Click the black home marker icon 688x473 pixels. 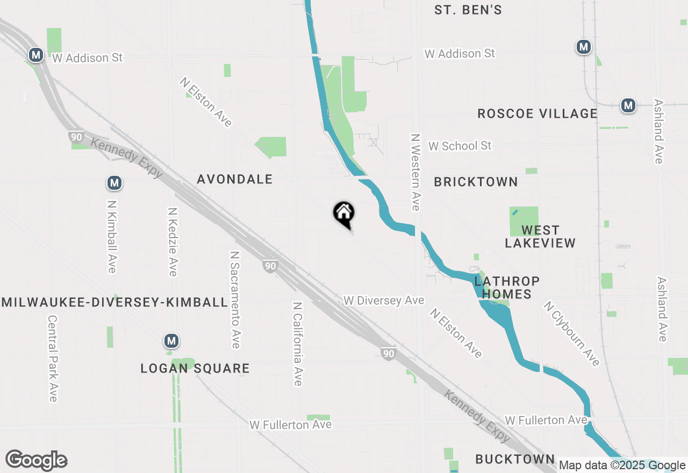(x=343, y=214)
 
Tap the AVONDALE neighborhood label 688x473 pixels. (x=235, y=180)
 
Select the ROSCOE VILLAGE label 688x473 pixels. (x=537, y=114)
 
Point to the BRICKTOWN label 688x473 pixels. (x=476, y=182)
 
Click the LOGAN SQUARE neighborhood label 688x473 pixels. (x=195, y=369)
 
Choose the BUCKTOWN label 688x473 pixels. (x=515, y=459)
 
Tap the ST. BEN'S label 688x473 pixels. (x=468, y=10)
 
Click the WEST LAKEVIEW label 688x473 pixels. (x=540, y=236)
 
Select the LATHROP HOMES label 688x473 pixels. (x=506, y=288)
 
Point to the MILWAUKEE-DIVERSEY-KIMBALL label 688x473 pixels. (x=114, y=302)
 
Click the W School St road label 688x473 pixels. (x=460, y=146)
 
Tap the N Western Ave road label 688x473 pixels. (x=415, y=172)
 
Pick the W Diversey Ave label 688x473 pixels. (x=384, y=300)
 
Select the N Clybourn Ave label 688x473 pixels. (x=571, y=334)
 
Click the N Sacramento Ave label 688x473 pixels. (x=235, y=299)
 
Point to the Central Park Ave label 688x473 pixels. (x=53, y=358)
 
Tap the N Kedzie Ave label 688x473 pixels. (x=172, y=242)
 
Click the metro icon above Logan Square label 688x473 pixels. (x=171, y=341)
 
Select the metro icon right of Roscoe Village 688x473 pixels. (x=628, y=105)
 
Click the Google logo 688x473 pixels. (x=36, y=461)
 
